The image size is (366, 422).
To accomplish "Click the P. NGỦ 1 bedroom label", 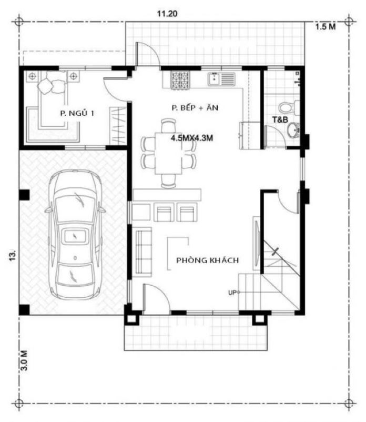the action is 77,113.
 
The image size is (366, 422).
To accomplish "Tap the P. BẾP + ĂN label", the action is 195,108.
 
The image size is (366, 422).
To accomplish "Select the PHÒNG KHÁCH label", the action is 207,260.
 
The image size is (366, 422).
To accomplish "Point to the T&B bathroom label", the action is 280,119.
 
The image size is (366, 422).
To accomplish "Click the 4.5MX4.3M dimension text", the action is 192,138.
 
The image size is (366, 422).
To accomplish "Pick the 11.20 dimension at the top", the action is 167,14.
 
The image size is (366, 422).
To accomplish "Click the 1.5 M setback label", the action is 326,26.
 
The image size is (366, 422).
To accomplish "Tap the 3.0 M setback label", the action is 24,360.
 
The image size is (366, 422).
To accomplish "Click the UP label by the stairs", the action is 232,292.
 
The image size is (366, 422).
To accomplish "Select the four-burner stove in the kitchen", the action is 180,80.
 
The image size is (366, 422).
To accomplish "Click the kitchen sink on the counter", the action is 221,79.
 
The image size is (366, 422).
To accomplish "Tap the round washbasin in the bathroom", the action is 293,130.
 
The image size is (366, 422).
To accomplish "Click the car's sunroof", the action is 75,236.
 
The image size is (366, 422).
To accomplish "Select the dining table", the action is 169,154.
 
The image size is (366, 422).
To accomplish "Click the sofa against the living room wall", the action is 144,252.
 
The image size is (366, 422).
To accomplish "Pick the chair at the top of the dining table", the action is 169,126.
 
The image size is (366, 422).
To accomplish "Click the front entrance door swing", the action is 156,298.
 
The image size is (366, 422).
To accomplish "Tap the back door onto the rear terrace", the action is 147,54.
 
